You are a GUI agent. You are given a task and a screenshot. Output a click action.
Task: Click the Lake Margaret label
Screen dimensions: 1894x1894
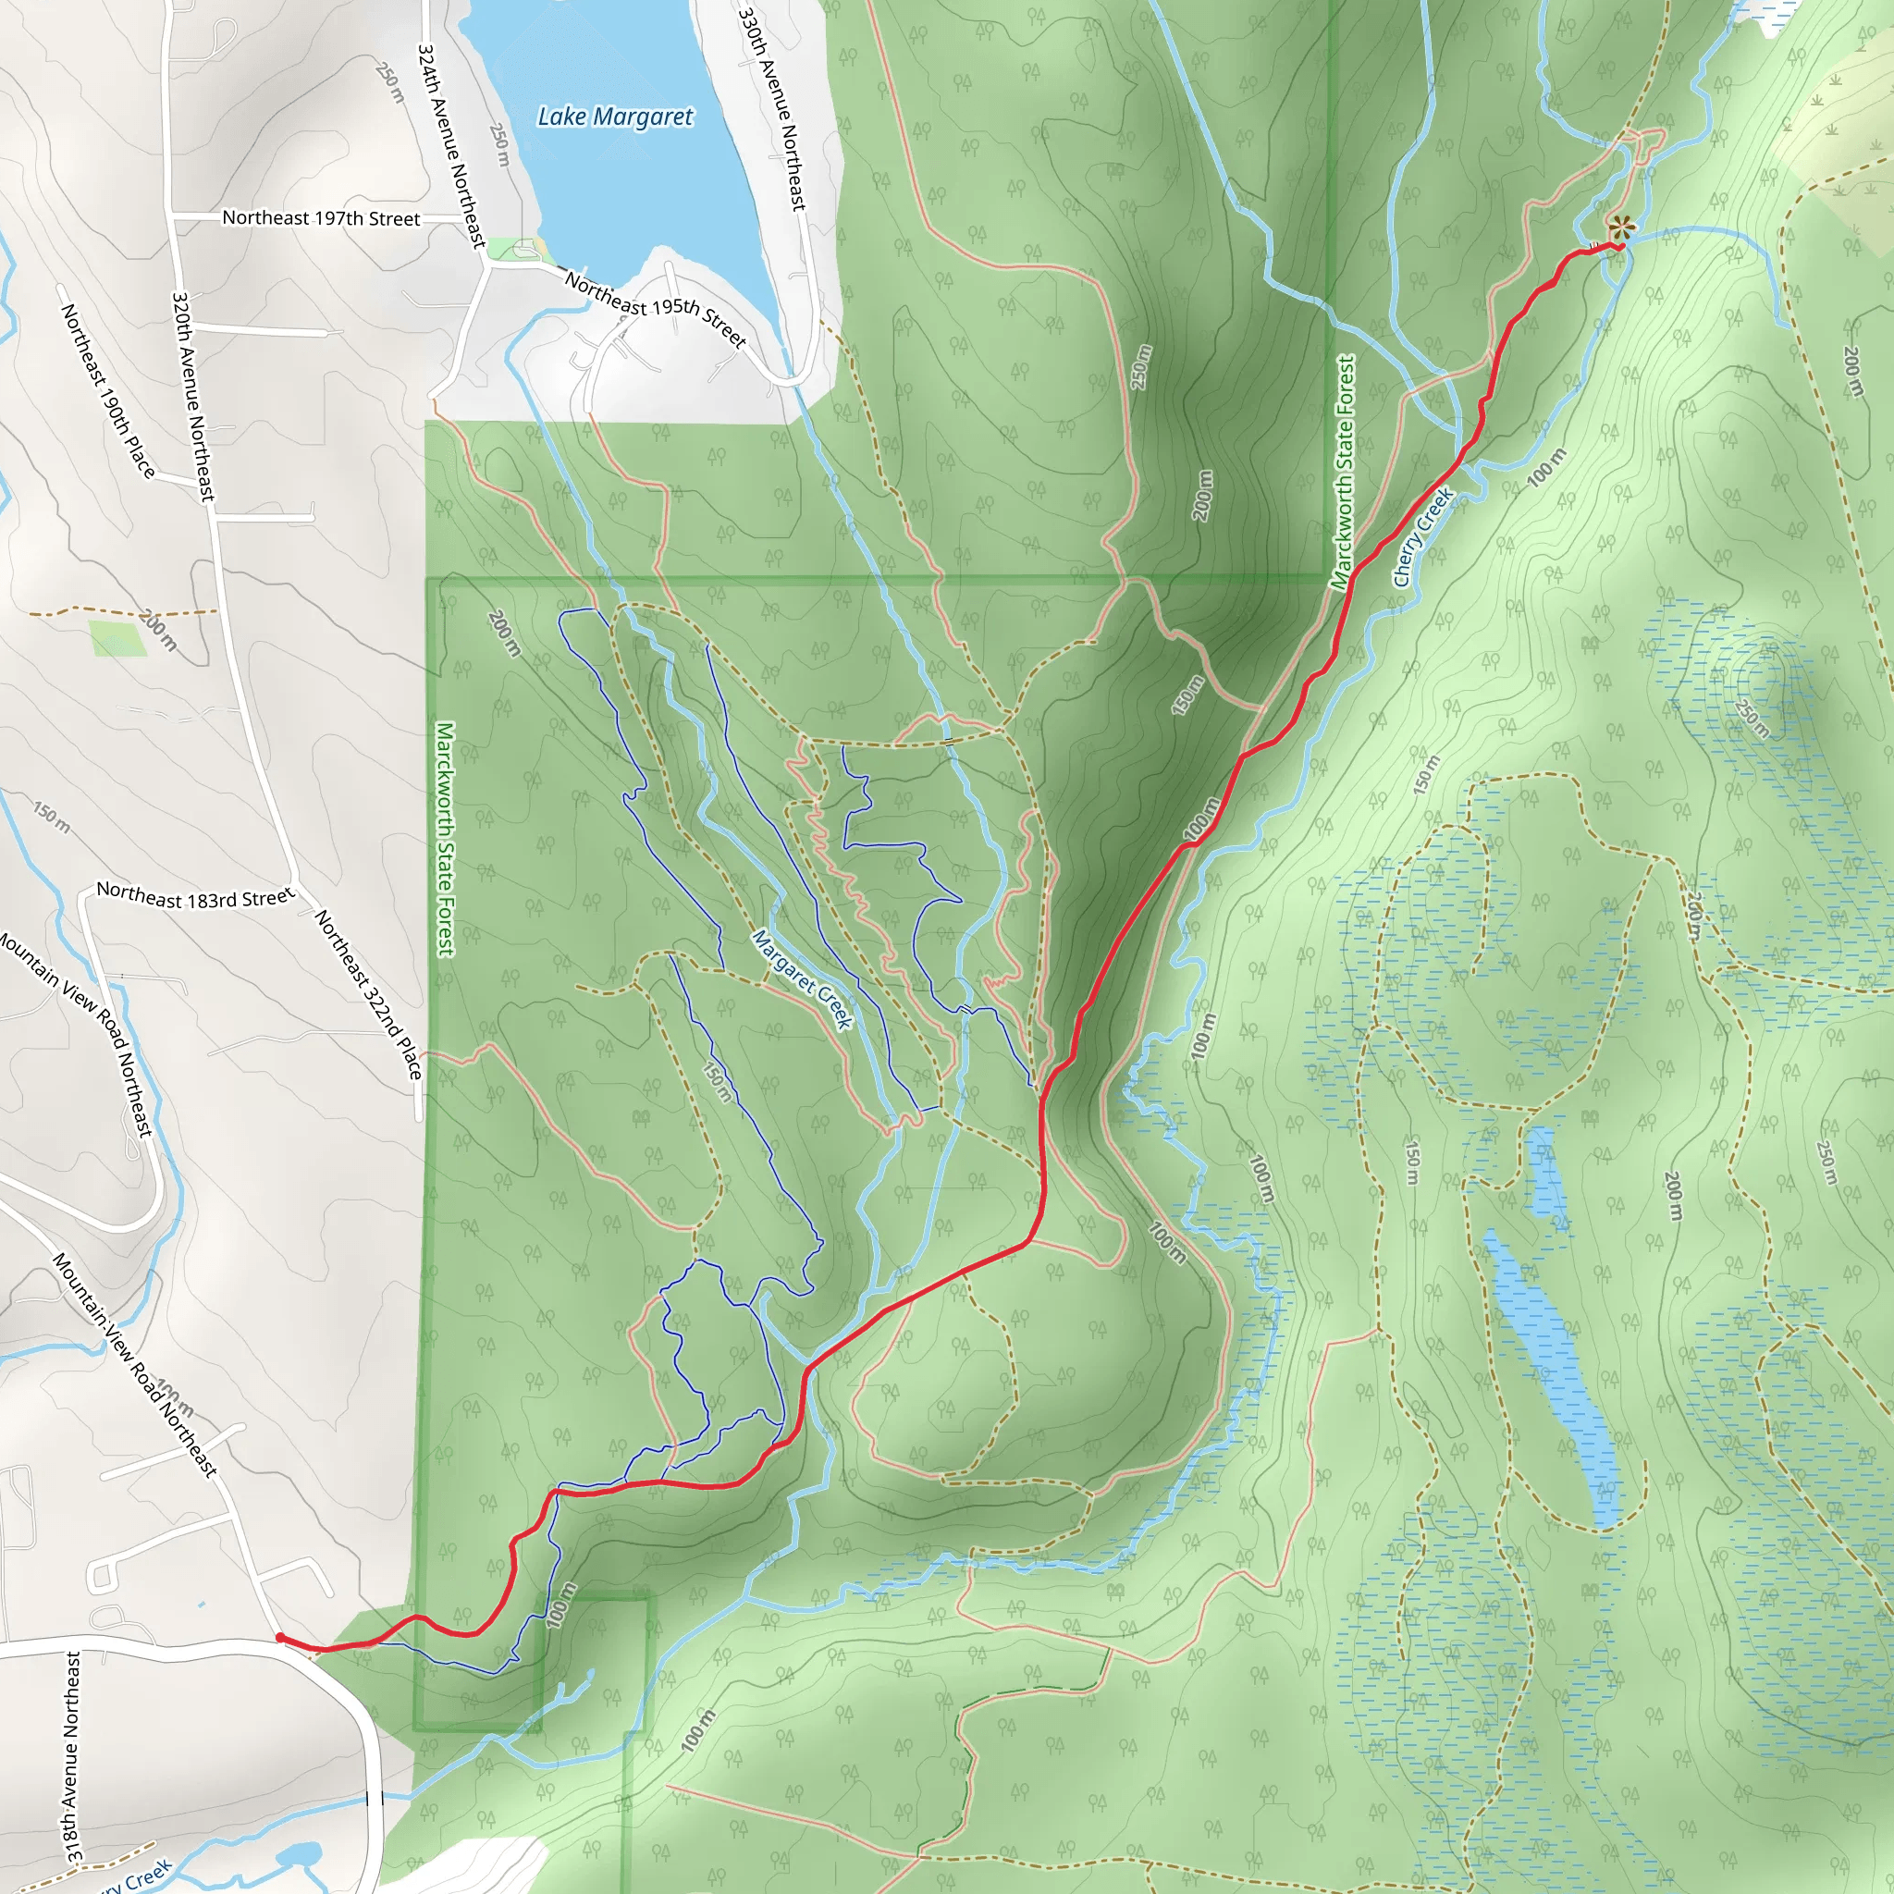tap(615, 117)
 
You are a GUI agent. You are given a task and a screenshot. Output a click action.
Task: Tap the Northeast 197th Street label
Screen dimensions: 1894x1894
tap(321, 217)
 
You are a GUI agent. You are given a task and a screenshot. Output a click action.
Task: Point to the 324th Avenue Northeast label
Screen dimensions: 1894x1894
tap(451, 145)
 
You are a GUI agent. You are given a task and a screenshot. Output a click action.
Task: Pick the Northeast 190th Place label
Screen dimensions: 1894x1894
tap(108, 390)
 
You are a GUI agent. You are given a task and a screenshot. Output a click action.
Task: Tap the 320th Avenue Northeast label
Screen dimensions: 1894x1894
tap(192, 396)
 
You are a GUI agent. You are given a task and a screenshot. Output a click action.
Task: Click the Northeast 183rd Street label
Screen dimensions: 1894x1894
tap(195, 896)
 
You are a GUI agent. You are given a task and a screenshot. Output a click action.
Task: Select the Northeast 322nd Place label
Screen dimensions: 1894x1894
tap(368, 994)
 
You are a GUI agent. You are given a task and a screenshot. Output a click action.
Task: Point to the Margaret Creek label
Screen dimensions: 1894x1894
tap(802, 978)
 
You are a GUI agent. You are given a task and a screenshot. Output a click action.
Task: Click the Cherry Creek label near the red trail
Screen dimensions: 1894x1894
tap(1421, 537)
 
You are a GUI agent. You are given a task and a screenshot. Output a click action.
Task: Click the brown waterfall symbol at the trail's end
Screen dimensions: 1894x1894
tap(1620, 229)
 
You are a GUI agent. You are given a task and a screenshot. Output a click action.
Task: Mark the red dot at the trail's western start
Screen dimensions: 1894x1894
tap(280, 1638)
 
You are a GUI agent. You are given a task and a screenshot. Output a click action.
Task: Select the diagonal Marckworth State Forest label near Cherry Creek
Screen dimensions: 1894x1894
tap(1343, 473)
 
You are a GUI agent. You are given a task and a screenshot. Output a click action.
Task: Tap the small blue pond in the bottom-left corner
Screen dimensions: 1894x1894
tap(298, 1855)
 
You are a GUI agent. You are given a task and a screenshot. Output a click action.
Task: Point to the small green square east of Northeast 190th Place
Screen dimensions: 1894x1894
tap(117, 637)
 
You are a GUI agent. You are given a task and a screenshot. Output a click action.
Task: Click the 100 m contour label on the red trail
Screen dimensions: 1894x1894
tap(1201, 819)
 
